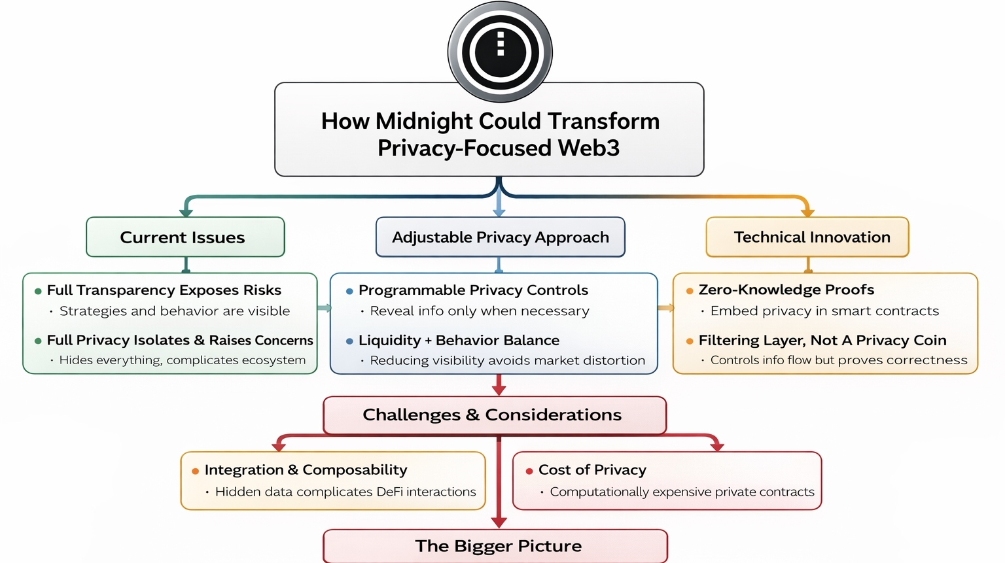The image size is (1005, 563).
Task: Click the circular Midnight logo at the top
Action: [x=500, y=52]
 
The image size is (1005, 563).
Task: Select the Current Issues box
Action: [x=185, y=237]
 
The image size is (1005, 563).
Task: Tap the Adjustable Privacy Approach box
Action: [x=500, y=237]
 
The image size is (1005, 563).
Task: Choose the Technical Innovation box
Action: [x=807, y=237]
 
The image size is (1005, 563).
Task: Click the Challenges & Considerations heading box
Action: [x=495, y=415]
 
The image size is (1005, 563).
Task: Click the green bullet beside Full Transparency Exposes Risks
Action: [x=38, y=291]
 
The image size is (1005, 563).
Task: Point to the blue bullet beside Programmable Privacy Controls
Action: [x=349, y=291]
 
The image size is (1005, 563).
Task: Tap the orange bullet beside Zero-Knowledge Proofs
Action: [x=690, y=291]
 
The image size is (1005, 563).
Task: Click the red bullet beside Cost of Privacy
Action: [x=529, y=471]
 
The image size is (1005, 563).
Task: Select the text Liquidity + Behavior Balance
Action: [x=458, y=340]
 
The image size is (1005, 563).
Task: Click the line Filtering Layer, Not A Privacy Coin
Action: [x=822, y=340]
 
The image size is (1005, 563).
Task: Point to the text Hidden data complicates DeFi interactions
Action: [x=345, y=492]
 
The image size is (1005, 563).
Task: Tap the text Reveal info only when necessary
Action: [x=479, y=311]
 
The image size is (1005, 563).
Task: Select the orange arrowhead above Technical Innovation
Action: [x=807, y=212]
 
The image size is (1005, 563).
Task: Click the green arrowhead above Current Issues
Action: [x=186, y=212]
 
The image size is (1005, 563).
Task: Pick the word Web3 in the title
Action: [x=588, y=148]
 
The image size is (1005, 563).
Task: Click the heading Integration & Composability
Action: [x=306, y=469]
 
